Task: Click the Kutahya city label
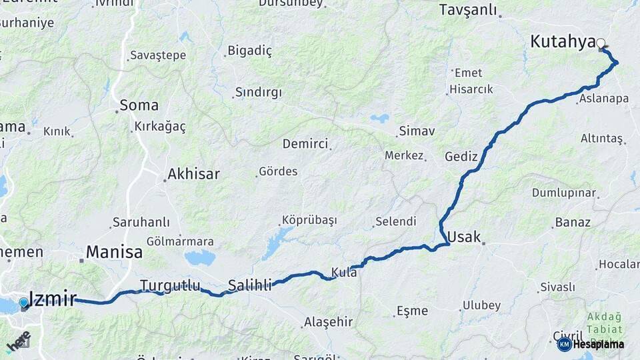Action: point(562,41)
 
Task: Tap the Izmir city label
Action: point(53,299)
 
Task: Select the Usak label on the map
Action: point(463,237)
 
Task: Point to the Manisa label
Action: point(114,253)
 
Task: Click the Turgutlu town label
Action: point(170,286)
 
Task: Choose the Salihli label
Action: point(250,286)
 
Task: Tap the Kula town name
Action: point(344,272)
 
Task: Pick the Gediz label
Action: point(461,157)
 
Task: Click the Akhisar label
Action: point(193,175)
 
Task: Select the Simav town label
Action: point(417,131)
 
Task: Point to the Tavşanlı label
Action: point(469,10)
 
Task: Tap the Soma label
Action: point(139,105)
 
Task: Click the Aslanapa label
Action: point(604,99)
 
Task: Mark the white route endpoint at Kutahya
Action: point(601,44)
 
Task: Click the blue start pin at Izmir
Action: point(24,303)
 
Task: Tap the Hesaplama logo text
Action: point(598,345)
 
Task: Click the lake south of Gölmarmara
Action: point(199,258)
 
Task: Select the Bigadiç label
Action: point(250,51)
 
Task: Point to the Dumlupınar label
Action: point(563,193)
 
